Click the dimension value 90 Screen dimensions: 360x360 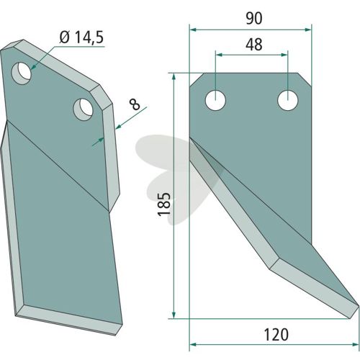point(254,19)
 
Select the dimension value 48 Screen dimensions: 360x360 point(254,45)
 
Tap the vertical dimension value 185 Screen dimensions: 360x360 point(164,204)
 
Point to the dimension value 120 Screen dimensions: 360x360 point(276,335)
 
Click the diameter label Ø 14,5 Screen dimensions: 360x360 point(81,37)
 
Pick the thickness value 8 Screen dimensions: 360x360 point(135,105)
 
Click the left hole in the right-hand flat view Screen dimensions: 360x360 point(216,100)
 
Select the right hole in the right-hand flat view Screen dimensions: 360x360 point(287,100)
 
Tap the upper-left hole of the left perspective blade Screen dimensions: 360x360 point(22,73)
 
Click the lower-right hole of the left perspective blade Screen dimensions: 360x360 point(84,109)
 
